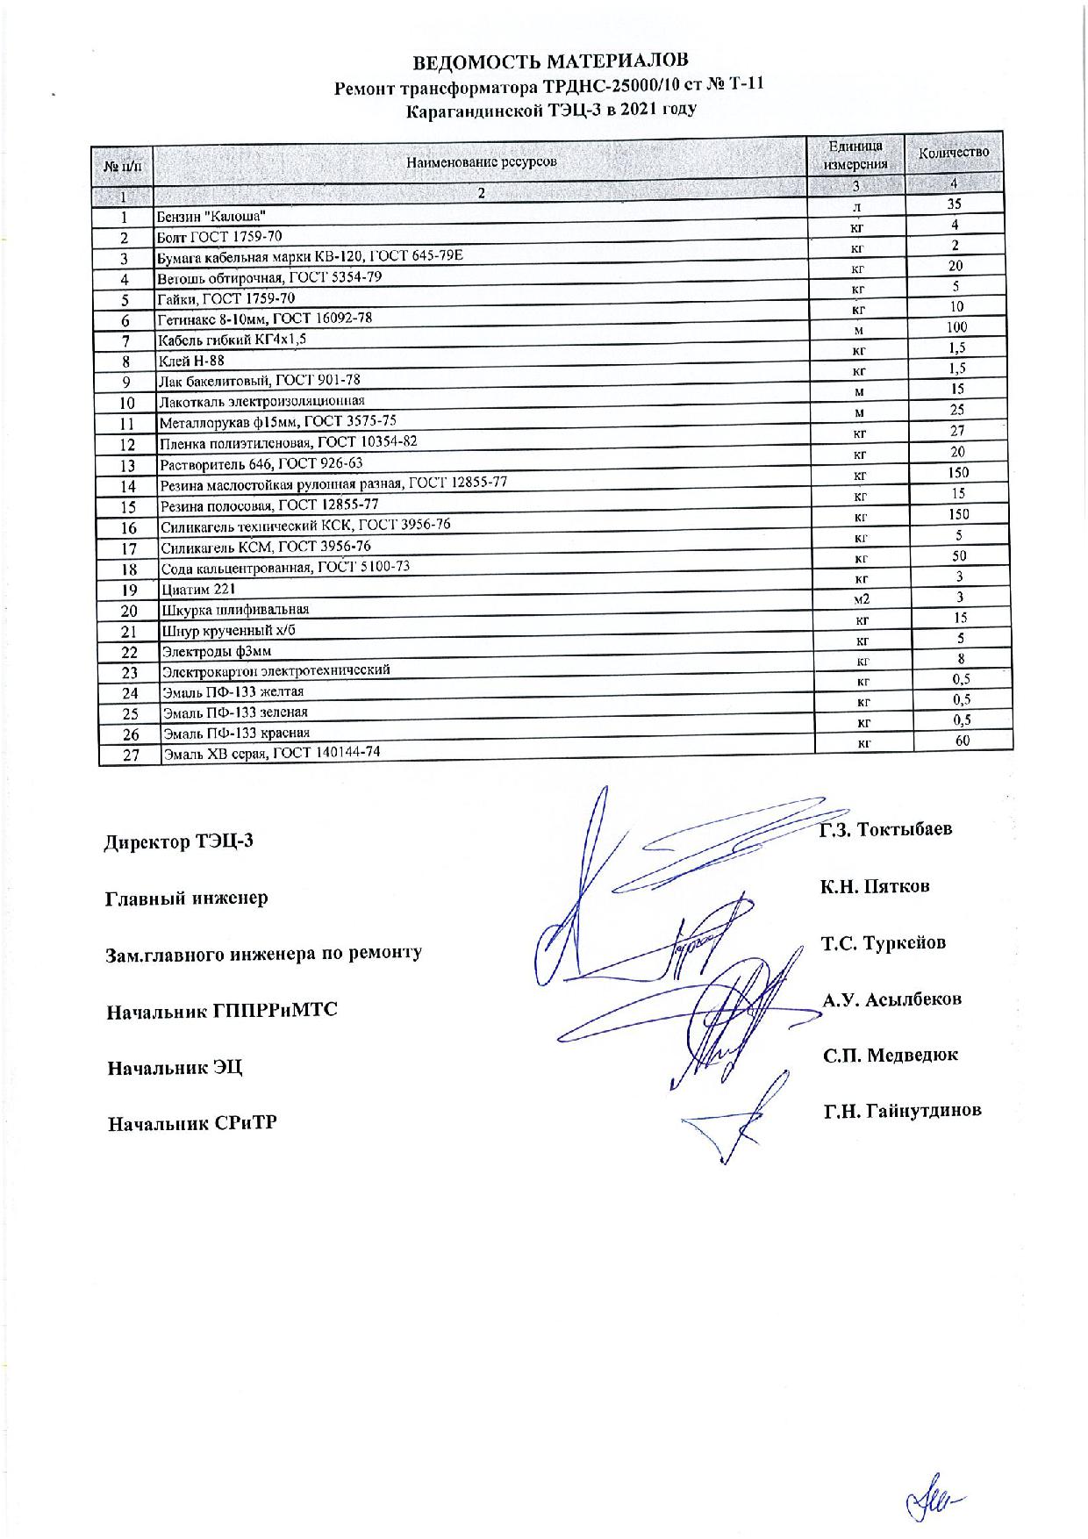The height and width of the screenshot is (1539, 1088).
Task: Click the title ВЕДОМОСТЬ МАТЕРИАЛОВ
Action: pyautogui.click(x=551, y=61)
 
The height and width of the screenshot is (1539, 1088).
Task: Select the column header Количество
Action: pyautogui.click(x=953, y=153)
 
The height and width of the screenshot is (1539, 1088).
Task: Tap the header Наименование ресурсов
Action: pyautogui.click(x=481, y=161)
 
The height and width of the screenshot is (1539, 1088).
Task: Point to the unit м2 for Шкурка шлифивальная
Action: pyautogui.click(x=860, y=600)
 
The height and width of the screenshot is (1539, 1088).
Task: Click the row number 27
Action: pyautogui.click(x=131, y=755)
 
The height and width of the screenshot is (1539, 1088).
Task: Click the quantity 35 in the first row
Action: pyautogui.click(x=955, y=204)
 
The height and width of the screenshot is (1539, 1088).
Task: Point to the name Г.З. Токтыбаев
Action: pyautogui.click(x=885, y=829)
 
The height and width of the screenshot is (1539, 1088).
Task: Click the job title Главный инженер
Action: pyautogui.click(x=187, y=898)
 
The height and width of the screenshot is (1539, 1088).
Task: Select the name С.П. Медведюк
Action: pyautogui.click(x=890, y=1055)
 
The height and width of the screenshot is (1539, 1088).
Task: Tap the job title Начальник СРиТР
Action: pyautogui.click(x=192, y=1122)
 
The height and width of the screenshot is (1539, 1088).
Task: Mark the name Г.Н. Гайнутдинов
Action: pyautogui.click(x=902, y=1111)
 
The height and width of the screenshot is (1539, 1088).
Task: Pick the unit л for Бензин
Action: pyautogui.click(x=856, y=208)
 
